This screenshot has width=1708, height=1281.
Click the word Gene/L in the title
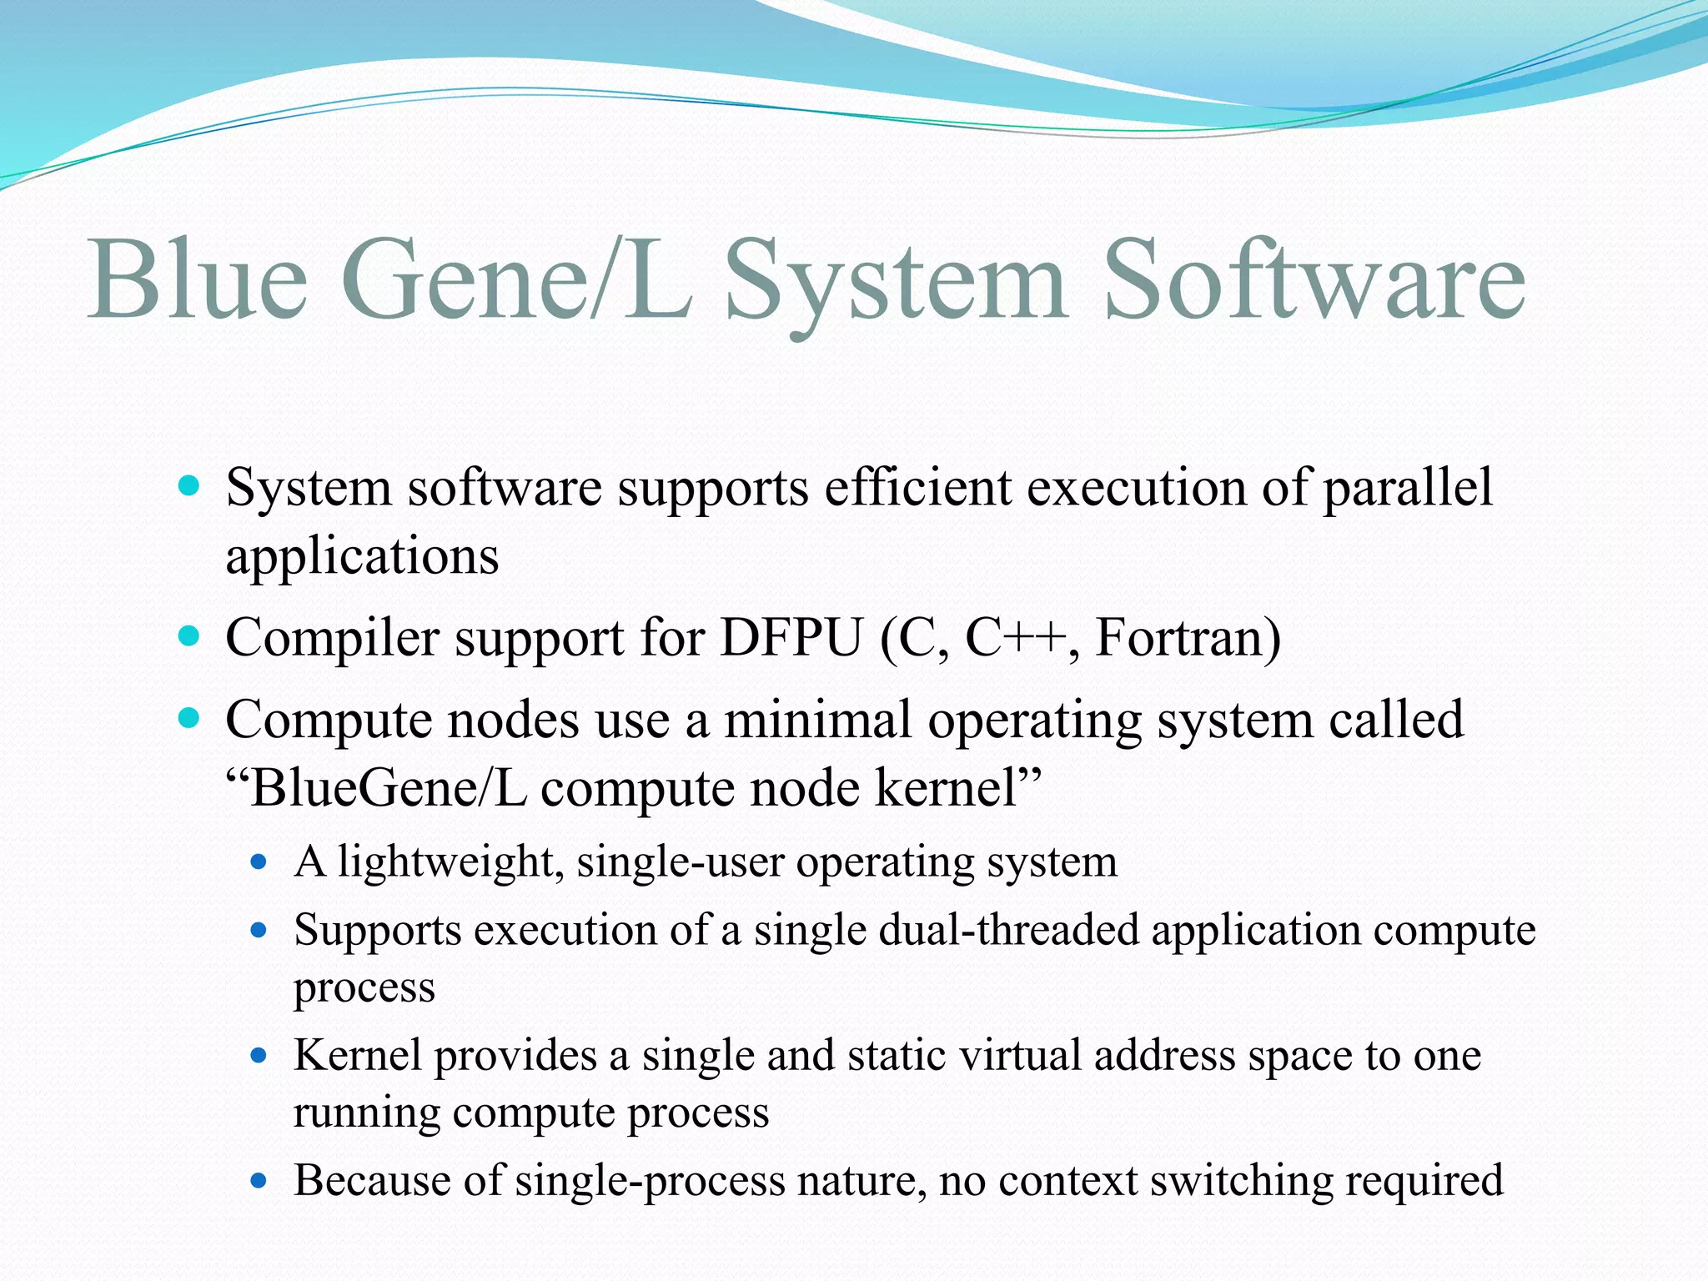pos(517,279)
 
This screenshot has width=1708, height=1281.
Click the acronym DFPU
pos(791,639)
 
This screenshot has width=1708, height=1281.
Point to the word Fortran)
pos(1188,639)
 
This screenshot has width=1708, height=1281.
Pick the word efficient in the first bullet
pos(917,487)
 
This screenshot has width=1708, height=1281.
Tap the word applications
pos(362,556)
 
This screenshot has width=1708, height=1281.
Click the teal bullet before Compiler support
pos(190,636)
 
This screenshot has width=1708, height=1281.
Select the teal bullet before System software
pos(190,485)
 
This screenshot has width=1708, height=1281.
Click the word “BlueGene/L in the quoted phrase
pos(376,788)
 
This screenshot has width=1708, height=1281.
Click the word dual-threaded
pos(1009,930)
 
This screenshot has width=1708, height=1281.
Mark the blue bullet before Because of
pos(259,1181)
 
